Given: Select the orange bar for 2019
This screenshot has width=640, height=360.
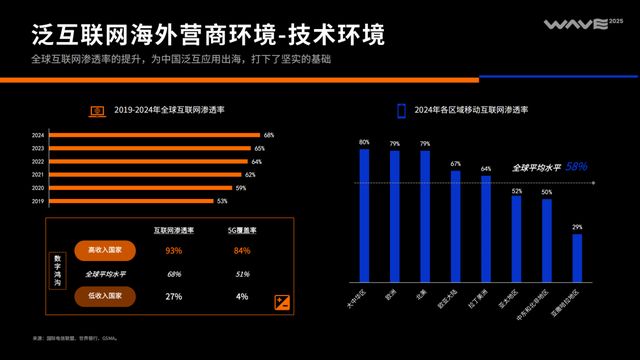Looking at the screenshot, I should (130, 201).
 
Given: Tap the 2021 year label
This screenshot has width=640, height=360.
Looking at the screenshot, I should (38, 175).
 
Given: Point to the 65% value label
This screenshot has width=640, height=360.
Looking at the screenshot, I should (259, 148).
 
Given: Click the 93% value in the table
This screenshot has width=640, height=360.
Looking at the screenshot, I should (174, 250).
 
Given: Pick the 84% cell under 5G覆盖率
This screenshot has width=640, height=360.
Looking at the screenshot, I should (241, 250).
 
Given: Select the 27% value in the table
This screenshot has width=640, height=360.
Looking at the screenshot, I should (174, 296).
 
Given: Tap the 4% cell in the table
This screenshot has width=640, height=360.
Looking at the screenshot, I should (241, 296).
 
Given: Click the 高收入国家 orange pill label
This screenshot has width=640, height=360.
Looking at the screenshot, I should (105, 250).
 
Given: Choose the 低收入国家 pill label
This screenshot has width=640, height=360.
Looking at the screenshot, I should (105, 296).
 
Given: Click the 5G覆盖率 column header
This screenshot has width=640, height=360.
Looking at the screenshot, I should (241, 229).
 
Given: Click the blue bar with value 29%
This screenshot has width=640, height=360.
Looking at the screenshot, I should (577, 257).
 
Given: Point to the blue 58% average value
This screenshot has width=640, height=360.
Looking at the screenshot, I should (576, 167).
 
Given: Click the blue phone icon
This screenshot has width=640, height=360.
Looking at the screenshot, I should (401, 110).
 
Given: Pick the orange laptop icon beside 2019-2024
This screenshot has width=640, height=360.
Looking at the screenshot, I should (98, 110).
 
